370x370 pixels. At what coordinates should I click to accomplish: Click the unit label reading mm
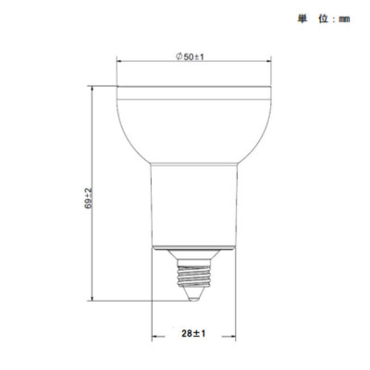[343, 18]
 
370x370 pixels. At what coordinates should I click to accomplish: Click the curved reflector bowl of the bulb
[191, 129]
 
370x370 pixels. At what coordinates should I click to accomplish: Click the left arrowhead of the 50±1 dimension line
[119, 65]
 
